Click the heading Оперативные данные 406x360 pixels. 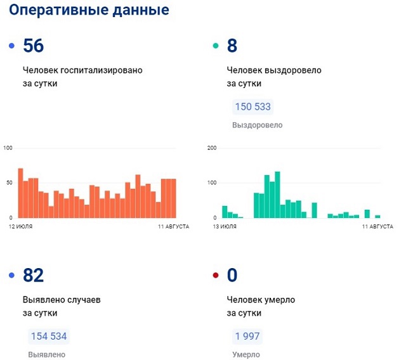click(x=89, y=11)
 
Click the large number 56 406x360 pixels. click(x=33, y=46)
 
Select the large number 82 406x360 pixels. click(x=33, y=276)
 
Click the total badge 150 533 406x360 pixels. click(x=252, y=106)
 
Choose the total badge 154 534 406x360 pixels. click(x=48, y=336)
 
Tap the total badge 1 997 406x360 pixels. click(x=247, y=336)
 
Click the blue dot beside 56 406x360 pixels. click(x=11, y=46)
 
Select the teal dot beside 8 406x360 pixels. click(x=216, y=46)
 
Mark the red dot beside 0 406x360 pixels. click(x=216, y=276)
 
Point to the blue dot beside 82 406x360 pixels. click(x=11, y=276)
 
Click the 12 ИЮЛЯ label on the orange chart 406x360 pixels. click(x=21, y=226)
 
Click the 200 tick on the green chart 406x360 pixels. click(x=212, y=148)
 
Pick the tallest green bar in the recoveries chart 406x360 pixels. click(x=277, y=195)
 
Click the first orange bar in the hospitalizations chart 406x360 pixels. click(x=20, y=193)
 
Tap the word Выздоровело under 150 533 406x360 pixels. click(x=258, y=125)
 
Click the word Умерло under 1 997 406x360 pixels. click(x=246, y=354)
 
